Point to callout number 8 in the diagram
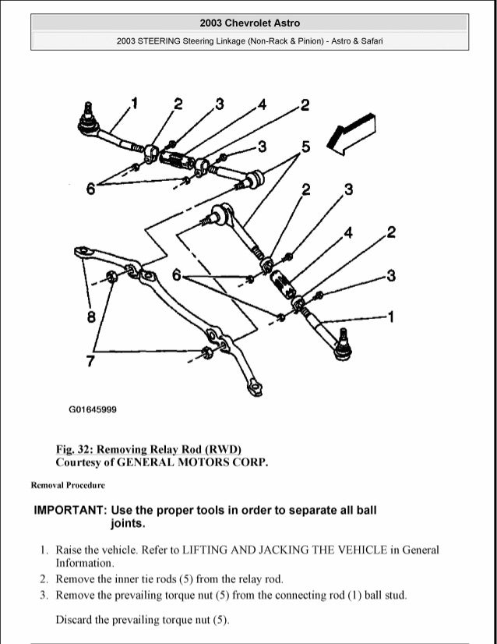tap(91, 317)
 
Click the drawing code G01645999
tap(93, 409)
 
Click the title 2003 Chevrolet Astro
tap(249, 23)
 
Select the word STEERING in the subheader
tap(160, 41)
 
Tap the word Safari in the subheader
tap(370, 41)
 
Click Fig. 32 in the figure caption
tap(76, 449)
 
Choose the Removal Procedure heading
tap(68, 485)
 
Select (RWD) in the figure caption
tap(221, 449)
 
